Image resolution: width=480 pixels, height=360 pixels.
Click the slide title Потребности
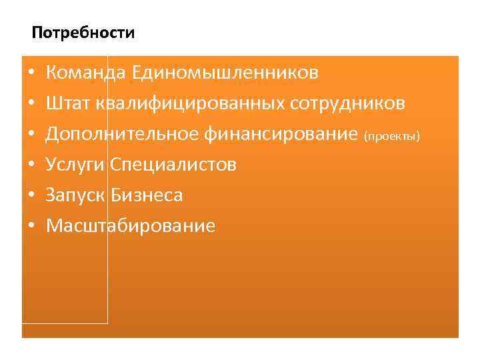point(83,33)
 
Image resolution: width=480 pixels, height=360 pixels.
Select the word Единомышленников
point(225,72)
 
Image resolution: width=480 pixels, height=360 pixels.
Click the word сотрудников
point(347,103)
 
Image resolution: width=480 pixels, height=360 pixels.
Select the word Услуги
point(75,165)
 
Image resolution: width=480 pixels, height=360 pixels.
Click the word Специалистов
point(173,165)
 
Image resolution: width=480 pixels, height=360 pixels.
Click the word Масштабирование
point(130,226)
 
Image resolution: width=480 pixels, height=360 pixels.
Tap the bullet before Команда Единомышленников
point(31,72)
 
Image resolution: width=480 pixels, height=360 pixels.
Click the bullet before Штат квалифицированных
point(31,103)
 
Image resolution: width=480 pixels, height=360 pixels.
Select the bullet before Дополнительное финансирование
point(31,134)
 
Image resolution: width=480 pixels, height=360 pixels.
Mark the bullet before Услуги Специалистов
point(31,165)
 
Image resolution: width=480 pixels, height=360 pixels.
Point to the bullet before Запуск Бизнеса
point(31,195)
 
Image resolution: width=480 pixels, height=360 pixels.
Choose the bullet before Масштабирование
point(31,226)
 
